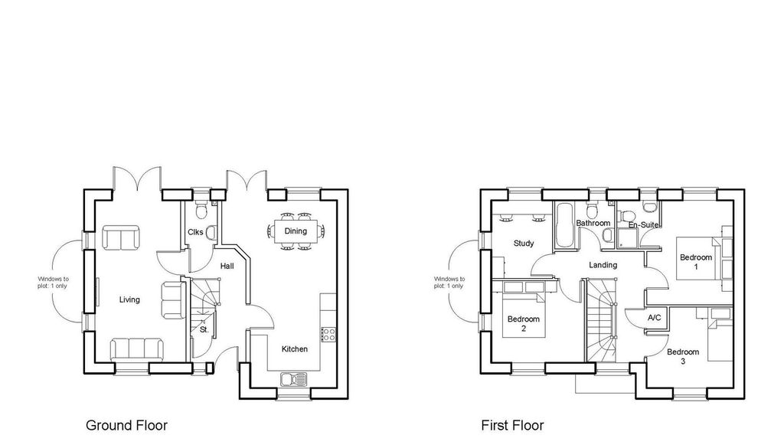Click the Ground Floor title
[126, 426]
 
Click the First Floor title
[512, 426]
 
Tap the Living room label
[129, 300]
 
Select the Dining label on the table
[296, 231]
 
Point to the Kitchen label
[295, 349]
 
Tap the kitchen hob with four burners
[328, 334]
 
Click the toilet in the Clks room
[201, 210]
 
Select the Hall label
[227, 266]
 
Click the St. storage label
[204, 330]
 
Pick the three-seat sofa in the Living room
[136, 349]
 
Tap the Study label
[524, 244]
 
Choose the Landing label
[603, 265]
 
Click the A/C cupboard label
[655, 318]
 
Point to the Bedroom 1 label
[696, 262]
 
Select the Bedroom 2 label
[524, 323]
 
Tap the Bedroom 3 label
[683, 356]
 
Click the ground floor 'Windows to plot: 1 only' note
[53, 283]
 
